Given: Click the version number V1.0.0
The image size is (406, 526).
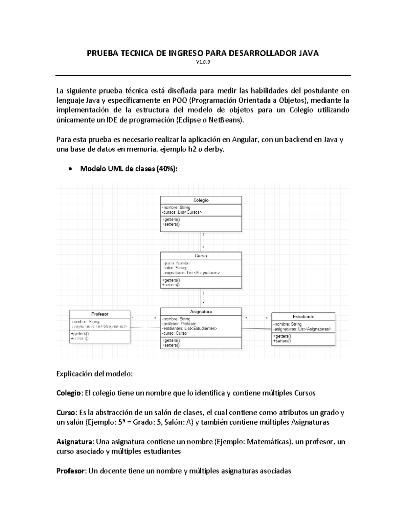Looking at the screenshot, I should tap(203, 62).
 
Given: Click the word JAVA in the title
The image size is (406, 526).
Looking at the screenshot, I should tap(307, 53).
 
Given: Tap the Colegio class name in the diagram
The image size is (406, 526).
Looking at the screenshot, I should tap(201, 200).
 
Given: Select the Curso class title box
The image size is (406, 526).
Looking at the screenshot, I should tap(201, 256).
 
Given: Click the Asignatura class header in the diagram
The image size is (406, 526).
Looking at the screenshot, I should tap(201, 312).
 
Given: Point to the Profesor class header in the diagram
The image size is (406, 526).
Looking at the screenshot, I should tap(100, 314).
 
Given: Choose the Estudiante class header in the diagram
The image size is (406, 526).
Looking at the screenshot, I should tap(303, 317).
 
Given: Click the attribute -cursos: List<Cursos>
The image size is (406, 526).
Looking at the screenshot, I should tap(182, 212).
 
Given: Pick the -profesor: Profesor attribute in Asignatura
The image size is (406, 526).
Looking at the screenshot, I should tap(179, 324).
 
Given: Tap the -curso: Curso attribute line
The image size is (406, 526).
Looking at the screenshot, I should tap(175, 333).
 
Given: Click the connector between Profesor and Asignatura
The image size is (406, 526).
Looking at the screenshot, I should tap(145, 327).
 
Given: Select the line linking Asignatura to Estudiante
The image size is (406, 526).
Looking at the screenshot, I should tap(256, 329).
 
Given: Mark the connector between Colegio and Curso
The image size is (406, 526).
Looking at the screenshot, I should tap(201, 241).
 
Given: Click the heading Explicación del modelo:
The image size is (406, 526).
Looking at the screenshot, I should tap(94, 374).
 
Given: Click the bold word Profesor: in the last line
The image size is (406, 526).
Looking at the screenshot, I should tap(71, 471).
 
